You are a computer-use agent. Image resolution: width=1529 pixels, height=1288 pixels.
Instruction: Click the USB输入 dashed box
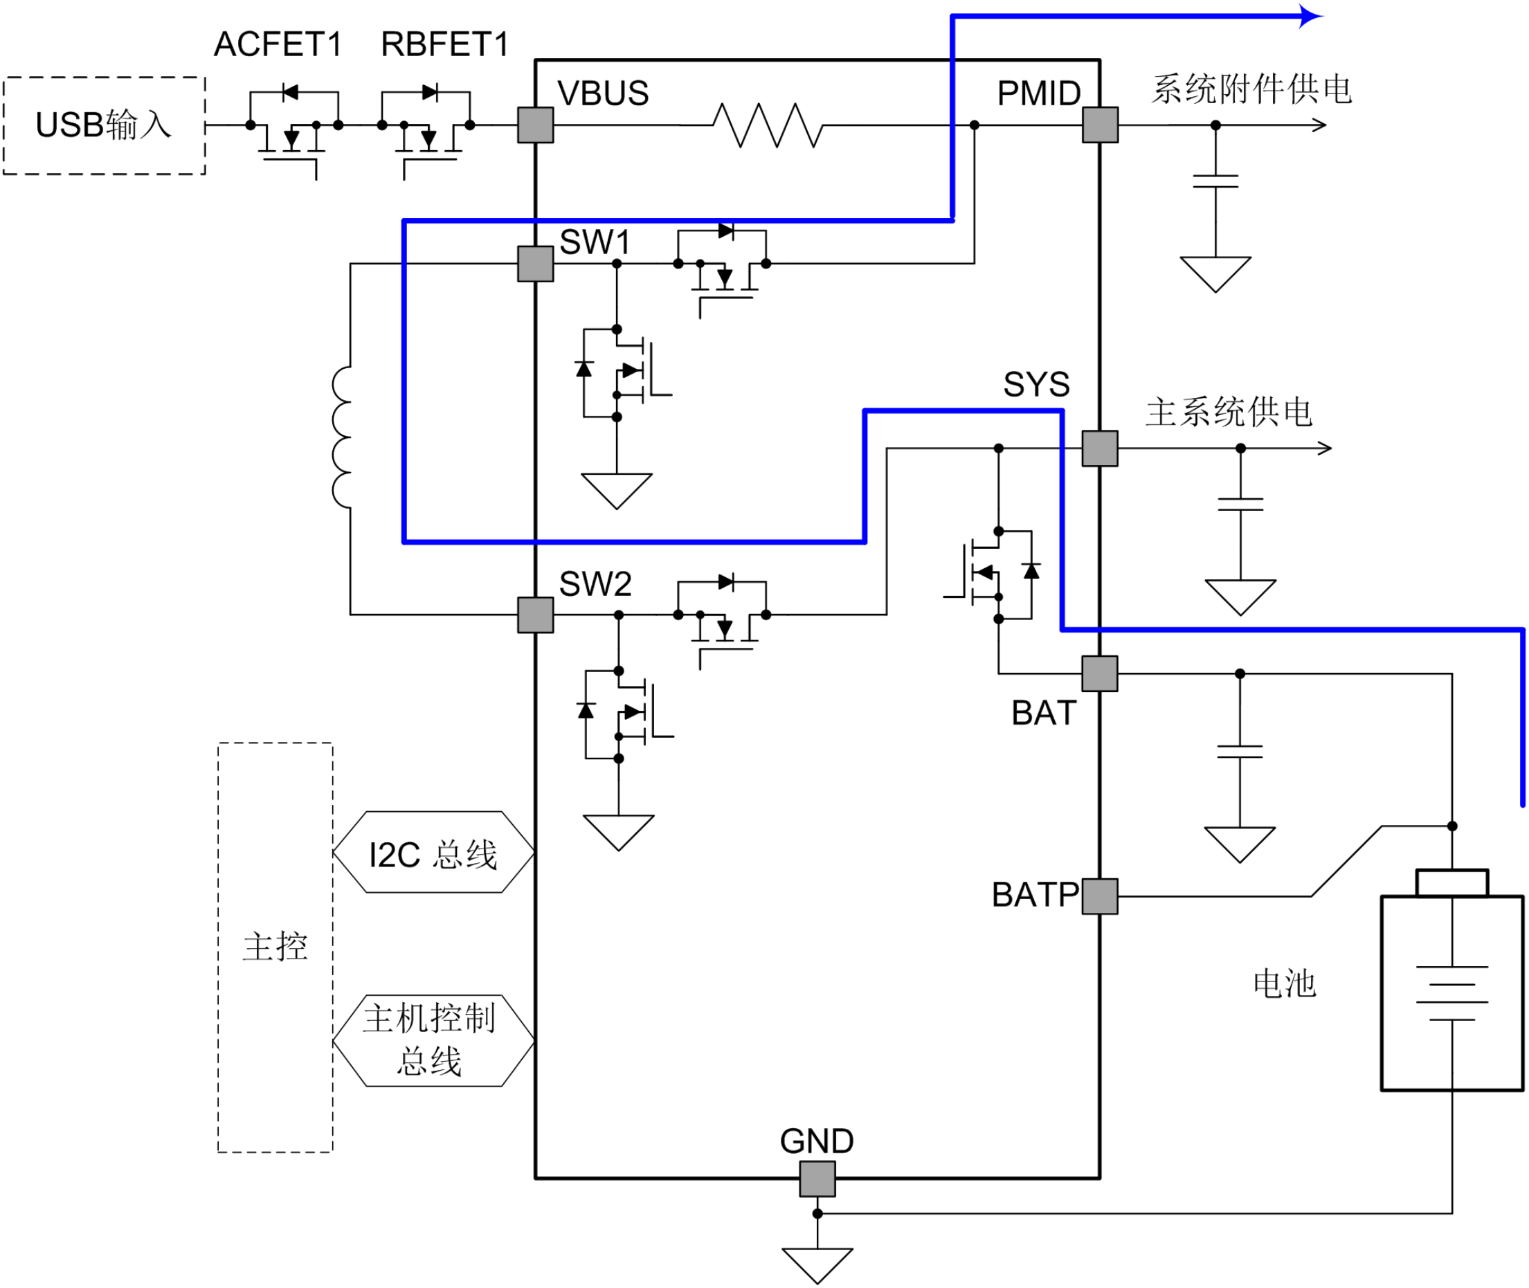105,78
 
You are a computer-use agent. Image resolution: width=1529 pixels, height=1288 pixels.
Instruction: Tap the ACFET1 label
278,44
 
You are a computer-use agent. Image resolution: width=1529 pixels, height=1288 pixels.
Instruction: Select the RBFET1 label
444,44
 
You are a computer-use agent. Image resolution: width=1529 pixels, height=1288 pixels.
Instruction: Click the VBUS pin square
535,125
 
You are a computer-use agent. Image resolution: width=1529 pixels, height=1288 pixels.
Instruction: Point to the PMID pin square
1100,125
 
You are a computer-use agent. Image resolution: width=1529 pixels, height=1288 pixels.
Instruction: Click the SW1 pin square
535,264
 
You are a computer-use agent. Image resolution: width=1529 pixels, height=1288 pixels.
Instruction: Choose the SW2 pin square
535,615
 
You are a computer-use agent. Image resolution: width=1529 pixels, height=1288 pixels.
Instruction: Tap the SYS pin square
1100,448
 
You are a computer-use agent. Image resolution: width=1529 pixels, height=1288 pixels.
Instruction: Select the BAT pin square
1100,673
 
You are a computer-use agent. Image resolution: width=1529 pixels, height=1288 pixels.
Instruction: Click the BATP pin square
1100,896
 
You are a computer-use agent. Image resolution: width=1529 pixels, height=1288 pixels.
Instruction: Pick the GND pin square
817,1179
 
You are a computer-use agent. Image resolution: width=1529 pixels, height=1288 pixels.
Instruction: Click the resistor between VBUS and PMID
768,125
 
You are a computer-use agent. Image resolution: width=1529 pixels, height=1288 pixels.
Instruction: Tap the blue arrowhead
1312,15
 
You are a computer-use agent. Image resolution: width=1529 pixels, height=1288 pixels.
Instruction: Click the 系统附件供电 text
1251,89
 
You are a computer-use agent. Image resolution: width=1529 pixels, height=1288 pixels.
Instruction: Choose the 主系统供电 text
1229,412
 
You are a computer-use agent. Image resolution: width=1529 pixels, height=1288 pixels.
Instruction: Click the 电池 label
1285,983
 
